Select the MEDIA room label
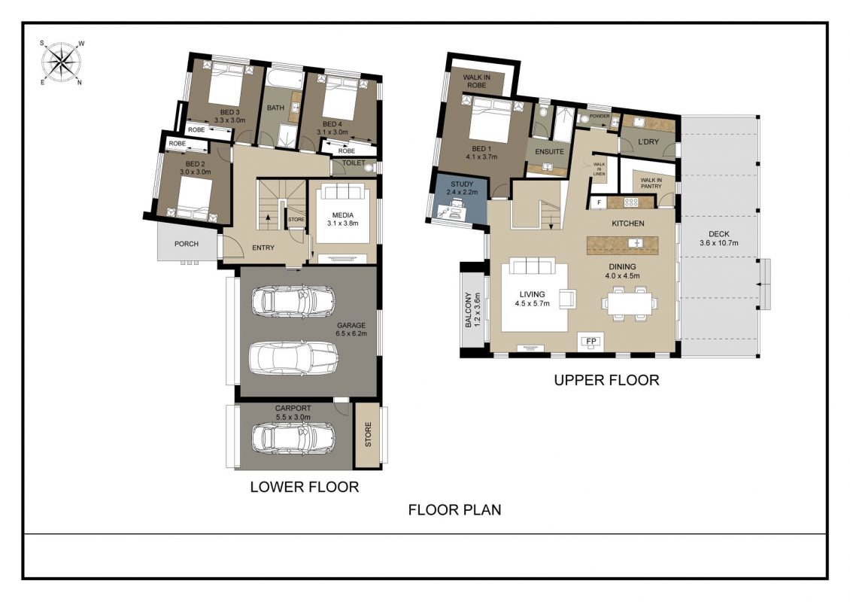click(342, 215)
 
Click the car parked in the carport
click(293, 437)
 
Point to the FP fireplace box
click(591, 341)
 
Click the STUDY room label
click(462, 184)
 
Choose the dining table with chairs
click(630, 304)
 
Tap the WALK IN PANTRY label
click(651, 184)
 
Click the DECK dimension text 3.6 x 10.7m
click(719, 243)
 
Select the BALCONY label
click(469, 310)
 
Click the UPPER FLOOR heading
click(606, 380)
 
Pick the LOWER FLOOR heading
click(305, 487)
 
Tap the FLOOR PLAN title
click(455, 509)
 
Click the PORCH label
click(187, 244)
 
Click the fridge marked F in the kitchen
click(599, 203)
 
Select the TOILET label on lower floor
click(354, 163)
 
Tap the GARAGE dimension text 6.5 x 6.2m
click(351, 333)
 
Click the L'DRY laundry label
click(648, 141)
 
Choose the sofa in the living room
click(531, 266)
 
